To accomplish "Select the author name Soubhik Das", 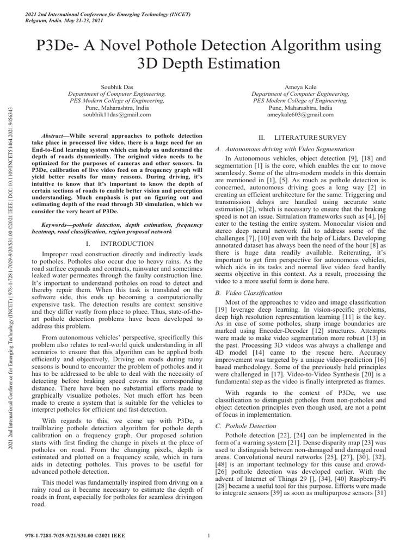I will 117,86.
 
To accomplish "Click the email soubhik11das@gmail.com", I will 117,115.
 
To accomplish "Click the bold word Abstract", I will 54,135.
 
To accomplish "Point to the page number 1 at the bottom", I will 209,537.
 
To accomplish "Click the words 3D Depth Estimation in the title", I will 209,63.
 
